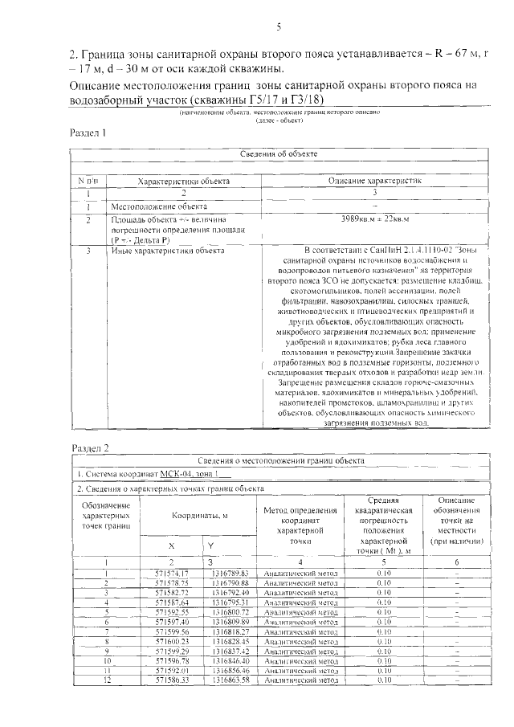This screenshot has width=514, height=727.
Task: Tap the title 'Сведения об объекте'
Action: click(x=279, y=153)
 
